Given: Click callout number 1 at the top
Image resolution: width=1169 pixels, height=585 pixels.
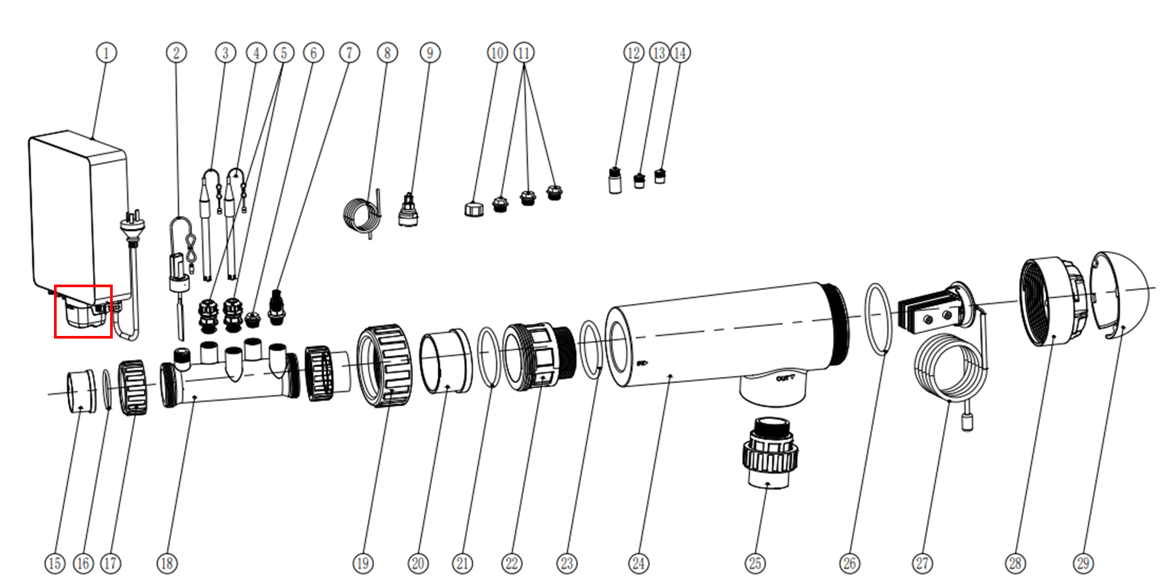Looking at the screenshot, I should point(106,53).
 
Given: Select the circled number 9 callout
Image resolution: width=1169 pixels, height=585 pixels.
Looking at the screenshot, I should point(430,53).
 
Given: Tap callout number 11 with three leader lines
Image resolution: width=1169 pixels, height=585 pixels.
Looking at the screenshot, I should point(524,53).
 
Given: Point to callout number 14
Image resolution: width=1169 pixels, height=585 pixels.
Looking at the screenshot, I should point(680,53).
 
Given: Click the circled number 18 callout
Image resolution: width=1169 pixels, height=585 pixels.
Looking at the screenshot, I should point(167,563).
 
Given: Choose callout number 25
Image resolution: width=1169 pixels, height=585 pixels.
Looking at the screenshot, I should point(755,563).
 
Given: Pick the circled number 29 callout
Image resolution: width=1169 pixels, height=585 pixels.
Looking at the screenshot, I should point(1083,563).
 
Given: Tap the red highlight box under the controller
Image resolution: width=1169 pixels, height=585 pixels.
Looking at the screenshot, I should point(83,312).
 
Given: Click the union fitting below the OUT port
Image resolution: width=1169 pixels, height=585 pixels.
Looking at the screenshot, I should point(769,453).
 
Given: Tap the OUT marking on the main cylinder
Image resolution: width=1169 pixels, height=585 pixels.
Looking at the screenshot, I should point(785,378).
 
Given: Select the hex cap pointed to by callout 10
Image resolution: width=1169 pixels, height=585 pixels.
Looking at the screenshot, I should point(474,209).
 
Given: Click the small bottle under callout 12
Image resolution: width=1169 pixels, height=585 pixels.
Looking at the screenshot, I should point(615,181).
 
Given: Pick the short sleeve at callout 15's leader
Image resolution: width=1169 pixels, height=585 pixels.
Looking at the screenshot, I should point(81,391).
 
